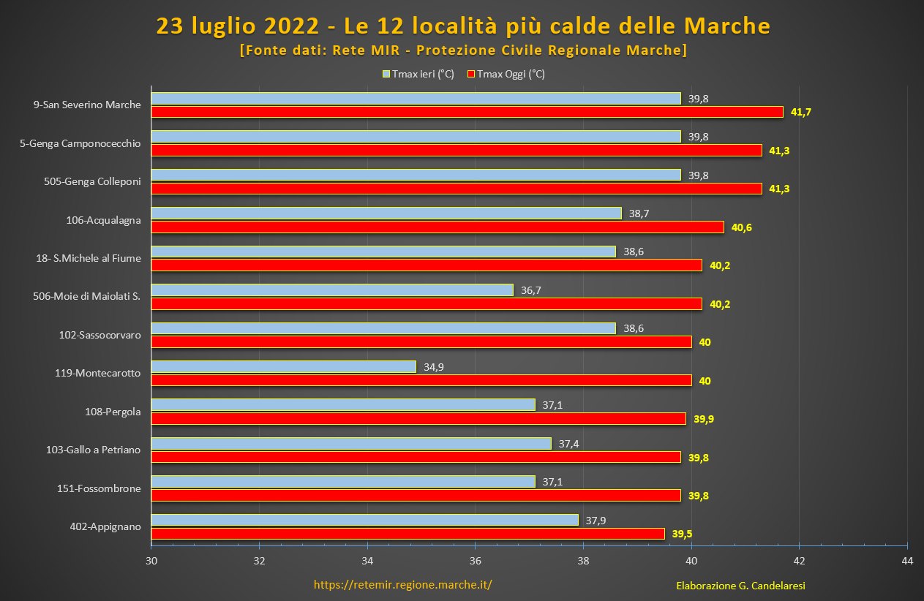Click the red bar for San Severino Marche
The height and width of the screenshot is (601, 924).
(x=467, y=112)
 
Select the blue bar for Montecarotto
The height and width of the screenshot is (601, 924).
(x=283, y=366)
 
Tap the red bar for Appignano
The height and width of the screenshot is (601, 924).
(x=407, y=534)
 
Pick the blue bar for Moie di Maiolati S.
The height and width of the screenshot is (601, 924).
(x=332, y=290)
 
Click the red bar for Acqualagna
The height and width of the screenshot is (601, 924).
(x=437, y=227)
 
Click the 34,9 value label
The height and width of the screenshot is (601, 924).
(x=434, y=366)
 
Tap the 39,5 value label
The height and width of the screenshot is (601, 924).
(x=683, y=534)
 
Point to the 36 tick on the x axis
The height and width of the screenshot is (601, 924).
(x=475, y=561)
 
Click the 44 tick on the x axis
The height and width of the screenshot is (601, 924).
(x=907, y=561)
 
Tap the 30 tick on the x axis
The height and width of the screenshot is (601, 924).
(x=151, y=561)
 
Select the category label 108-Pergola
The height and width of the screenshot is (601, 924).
(x=113, y=412)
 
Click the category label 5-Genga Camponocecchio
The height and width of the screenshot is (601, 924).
(x=80, y=143)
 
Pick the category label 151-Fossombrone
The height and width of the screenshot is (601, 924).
(x=99, y=488)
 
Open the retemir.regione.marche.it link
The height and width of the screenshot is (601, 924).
(x=402, y=585)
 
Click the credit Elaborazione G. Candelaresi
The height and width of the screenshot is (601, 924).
(x=735, y=586)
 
